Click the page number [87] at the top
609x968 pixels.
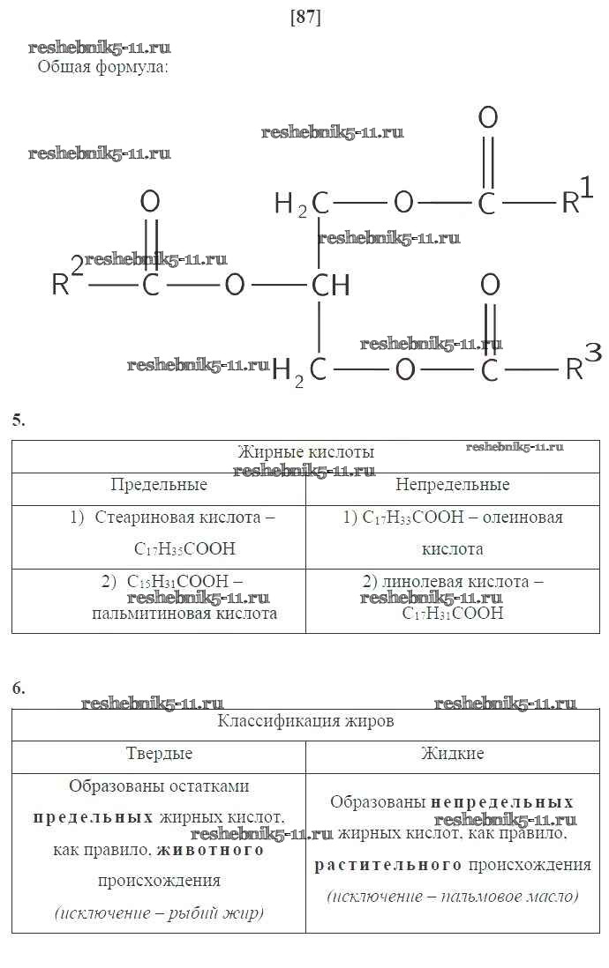pyautogui.click(x=305, y=17)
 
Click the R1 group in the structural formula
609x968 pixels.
pyautogui.click(x=578, y=197)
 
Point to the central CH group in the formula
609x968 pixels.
pyautogui.click(x=331, y=286)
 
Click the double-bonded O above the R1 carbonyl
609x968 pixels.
pyautogui.click(x=487, y=117)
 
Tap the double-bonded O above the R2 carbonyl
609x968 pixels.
pyautogui.click(x=150, y=202)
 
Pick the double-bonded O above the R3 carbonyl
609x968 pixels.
pyautogui.click(x=490, y=285)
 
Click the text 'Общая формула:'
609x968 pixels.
pyautogui.click(x=102, y=67)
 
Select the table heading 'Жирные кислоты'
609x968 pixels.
pyautogui.click(x=305, y=452)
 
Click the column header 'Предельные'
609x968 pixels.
pyautogui.click(x=159, y=485)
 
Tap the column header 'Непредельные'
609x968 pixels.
pyautogui.click(x=452, y=485)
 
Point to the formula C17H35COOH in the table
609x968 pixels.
pyautogui.click(x=184, y=549)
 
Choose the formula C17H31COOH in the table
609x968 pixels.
pyautogui.click(x=453, y=614)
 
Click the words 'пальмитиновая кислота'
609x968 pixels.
pyautogui.click(x=184, y=614)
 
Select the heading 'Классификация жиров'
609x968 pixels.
pyautogui.click(x=305, y=721)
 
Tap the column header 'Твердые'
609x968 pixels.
pyautogui.click(x=159, y=754)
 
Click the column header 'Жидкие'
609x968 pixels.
pyautogui.click(x=452, y=754)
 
